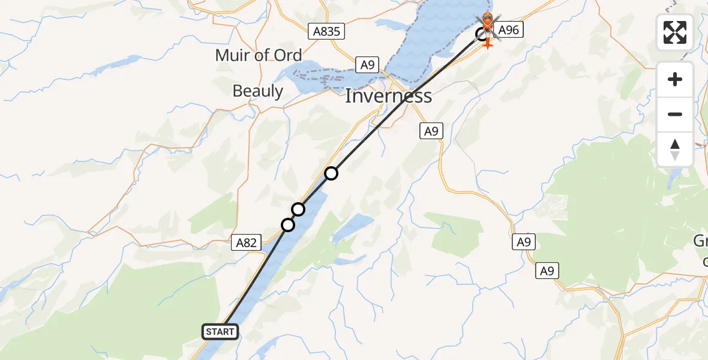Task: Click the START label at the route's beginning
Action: (x=220, y=331)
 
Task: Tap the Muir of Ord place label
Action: (x=259, y=56)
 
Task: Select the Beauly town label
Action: (x=257, y=91)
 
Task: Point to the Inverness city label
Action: (x=388, y=95)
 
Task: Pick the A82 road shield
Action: (x=245, y=243)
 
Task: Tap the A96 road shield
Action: (x=508, y=29)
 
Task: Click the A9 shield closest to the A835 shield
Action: (x=365, y=65)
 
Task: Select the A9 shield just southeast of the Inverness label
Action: (x=431, y=131)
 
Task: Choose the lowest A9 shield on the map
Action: (x=547, y=271)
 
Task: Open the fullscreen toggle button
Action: (x=675, y=32)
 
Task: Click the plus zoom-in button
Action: (x=675, y=79)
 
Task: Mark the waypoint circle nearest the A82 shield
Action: (x=288, y=225)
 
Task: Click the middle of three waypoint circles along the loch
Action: (x=298, y=209)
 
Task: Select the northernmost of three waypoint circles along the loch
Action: (x=331, y=173)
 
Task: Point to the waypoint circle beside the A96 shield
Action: (x=482, y=34)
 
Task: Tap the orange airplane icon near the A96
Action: (x=488, y=43)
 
